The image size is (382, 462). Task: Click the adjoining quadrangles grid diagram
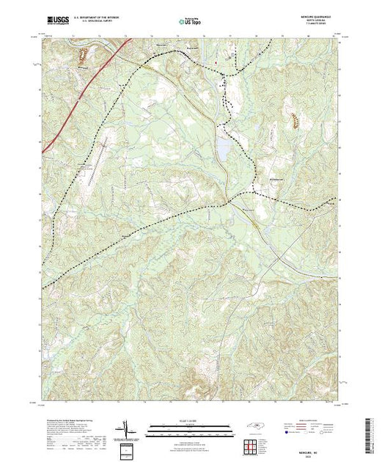[x=251, y=445]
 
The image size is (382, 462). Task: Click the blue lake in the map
[x=221, y=147]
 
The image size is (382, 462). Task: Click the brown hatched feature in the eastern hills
[x=295, y=120]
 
